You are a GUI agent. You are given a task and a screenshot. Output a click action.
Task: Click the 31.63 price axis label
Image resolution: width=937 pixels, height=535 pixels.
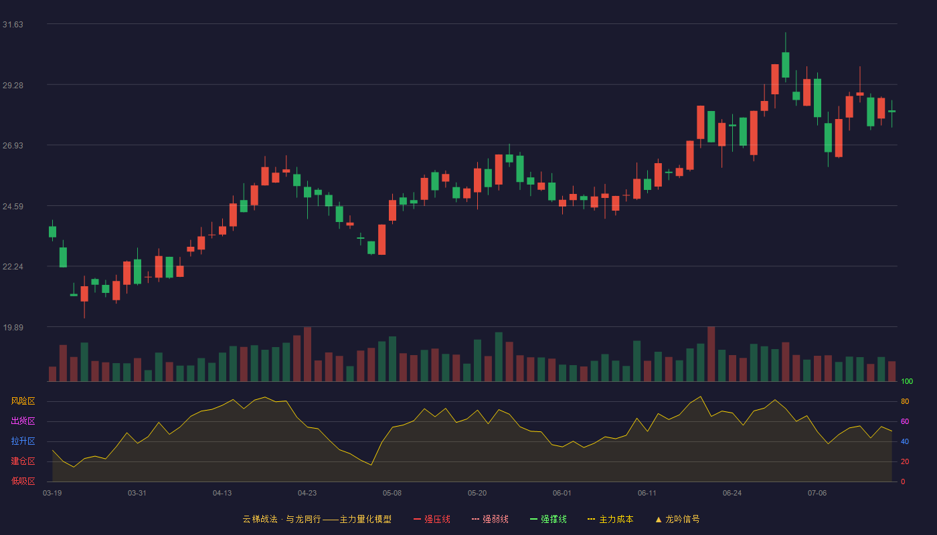[x=13, y=25]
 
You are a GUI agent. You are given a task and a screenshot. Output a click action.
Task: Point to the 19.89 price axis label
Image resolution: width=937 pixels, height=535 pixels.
[x=13, y=327]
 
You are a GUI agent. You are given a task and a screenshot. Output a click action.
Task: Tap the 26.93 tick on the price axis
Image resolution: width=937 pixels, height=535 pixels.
[x=13, y=146]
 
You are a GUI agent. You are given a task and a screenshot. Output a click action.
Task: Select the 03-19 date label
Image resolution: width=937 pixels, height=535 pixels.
[x=52, y=494]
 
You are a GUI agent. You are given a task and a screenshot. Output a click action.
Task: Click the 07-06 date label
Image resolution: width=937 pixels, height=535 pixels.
[x=817, y=494]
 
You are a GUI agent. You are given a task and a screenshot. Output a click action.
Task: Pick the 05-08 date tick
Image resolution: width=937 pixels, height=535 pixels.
[x=392, y=494]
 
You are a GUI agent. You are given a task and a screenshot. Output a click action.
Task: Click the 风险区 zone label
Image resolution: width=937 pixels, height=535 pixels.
[x=23, y=401]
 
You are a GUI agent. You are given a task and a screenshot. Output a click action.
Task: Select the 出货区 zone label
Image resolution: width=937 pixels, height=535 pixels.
[x=23, y=421]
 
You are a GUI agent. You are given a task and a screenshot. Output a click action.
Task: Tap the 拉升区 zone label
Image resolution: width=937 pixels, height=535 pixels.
[x=23, y=441]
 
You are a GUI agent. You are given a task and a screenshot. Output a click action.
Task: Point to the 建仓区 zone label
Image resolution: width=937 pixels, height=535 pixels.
[x=23, y=461]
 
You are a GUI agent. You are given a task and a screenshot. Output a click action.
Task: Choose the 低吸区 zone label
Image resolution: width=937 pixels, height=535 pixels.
[x=23, y=481]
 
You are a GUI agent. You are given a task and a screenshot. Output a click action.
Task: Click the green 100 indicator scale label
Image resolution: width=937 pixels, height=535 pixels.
[x=907, y=381]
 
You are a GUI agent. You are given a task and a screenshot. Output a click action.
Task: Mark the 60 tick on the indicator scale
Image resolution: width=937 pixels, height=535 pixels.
[x=905, y=421]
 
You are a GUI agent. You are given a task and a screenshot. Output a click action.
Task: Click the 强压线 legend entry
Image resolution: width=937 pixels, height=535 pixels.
[x=432, y=519]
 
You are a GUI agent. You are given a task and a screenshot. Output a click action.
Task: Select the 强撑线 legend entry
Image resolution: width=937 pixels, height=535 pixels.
[x=548, y=519]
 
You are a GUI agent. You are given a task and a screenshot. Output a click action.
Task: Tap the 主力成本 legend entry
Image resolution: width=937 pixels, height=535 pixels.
[x=610, y=519]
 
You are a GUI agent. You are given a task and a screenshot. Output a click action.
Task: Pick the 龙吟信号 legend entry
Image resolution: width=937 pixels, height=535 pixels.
[x=677, y=519]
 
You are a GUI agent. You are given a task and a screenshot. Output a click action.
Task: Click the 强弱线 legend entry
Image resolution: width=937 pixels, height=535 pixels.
[x=490, y=519]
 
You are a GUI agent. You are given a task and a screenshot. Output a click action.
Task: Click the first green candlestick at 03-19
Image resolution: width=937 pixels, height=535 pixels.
[x=52, y=231]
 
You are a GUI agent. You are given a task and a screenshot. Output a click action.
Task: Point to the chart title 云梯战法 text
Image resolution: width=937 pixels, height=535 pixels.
[x=260, y=519]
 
